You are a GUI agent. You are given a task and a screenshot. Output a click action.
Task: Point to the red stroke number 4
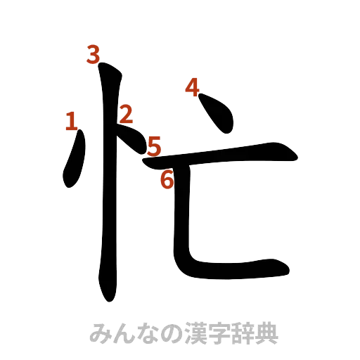coord(192,88)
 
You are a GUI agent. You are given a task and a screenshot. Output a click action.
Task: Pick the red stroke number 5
coord(154,146)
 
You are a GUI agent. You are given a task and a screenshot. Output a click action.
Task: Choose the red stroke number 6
coord(167,179)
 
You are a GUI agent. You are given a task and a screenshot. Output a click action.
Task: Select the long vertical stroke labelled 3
coord(108,183)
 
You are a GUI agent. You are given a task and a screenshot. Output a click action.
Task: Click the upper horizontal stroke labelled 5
coord(225,150)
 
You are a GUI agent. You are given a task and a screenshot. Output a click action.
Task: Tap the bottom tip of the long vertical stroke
coord(108,295)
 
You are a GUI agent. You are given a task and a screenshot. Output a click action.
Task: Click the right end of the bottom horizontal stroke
coord(285,269)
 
